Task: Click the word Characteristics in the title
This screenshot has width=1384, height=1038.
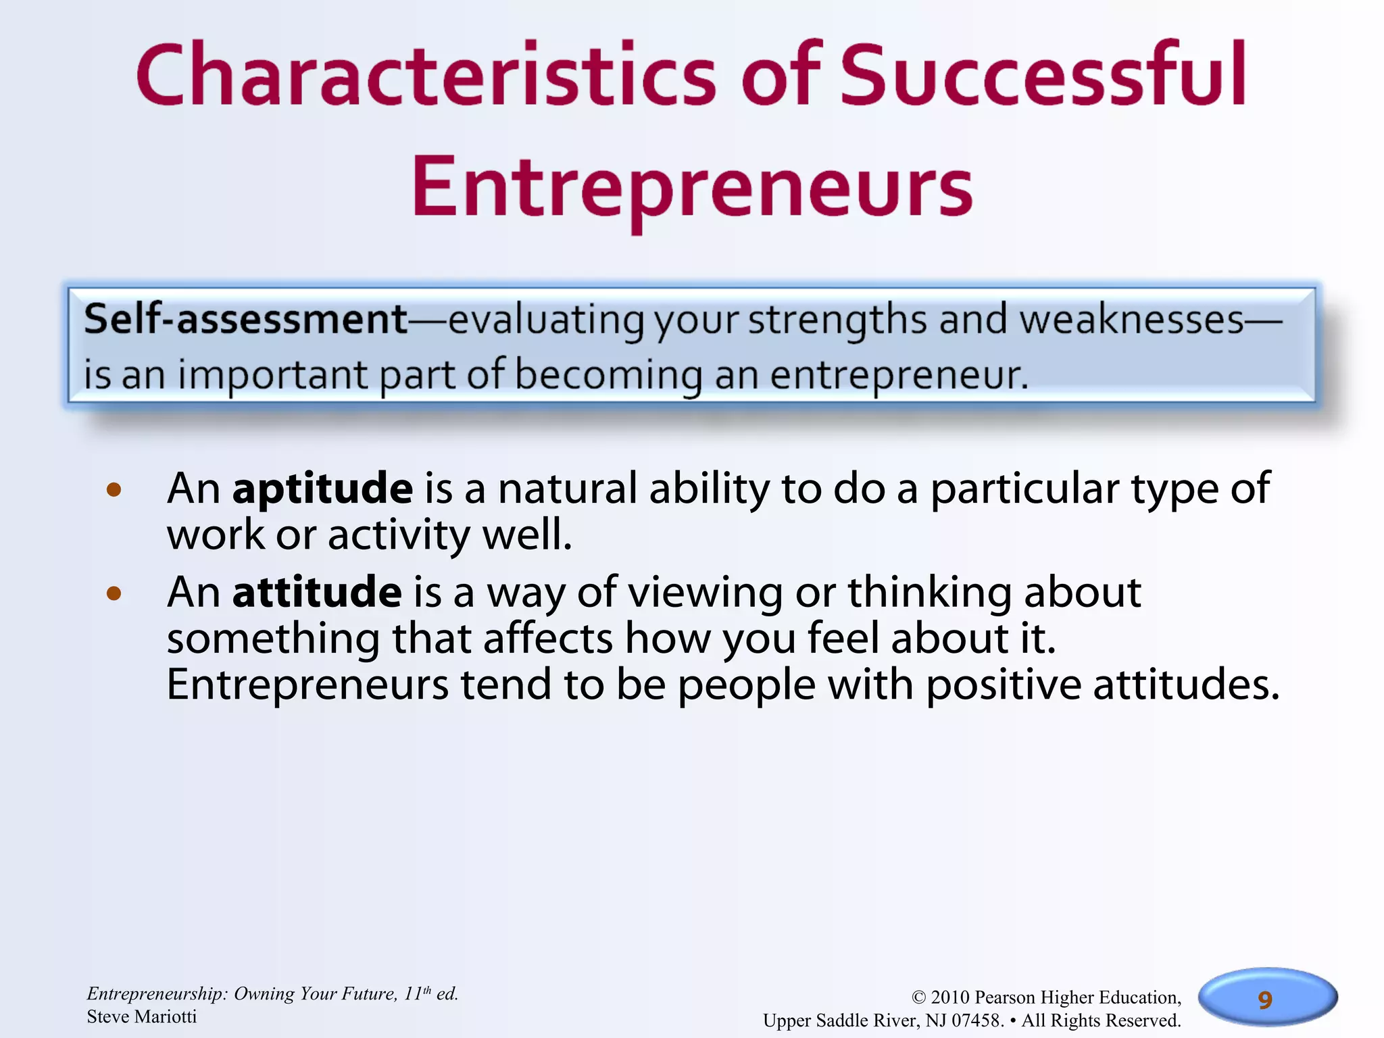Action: [426, 76]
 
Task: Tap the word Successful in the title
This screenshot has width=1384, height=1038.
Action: [1043, 76]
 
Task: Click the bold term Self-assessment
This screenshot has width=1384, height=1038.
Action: [245, 319]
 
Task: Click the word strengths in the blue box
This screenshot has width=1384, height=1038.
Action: [837, 320]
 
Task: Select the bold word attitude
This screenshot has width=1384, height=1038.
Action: [317, 592]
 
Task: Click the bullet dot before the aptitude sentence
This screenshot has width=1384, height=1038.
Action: [114, 490]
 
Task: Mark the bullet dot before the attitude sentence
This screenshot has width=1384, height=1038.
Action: [114, 594]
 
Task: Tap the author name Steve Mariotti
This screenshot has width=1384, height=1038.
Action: [142, 1017]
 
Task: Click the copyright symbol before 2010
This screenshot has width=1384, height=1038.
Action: [918, 998]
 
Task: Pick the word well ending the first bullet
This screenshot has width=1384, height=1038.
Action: [526, 535]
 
